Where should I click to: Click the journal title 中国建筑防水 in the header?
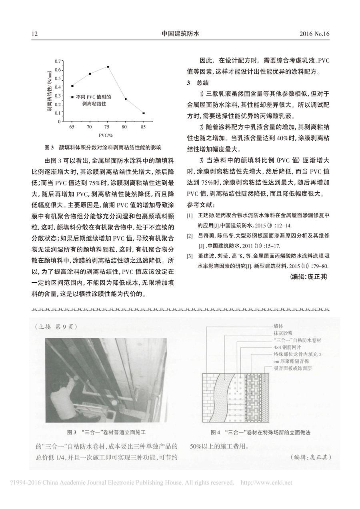point(180,34)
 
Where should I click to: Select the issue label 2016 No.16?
point(314,34)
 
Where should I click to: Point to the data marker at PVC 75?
point(108,67)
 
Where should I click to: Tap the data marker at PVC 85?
point(144,113)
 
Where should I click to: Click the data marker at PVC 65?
point(72,86)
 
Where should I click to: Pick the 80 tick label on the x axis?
point(126,126)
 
